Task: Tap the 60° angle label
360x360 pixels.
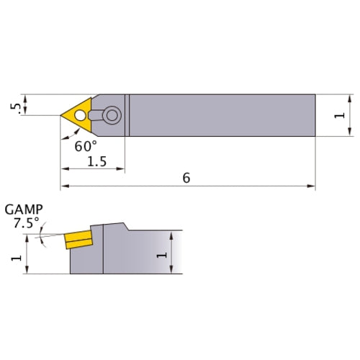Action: pos(85,145)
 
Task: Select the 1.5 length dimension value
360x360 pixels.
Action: pos(96,162)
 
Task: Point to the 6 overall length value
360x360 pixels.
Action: pos(186,178)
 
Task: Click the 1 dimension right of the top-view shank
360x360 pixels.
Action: pos(341,114)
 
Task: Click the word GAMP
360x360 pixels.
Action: pos(24,210)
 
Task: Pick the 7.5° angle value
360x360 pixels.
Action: pos(27,222)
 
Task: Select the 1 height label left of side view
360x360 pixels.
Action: pos(15,255)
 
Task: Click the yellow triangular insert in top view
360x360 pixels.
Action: pos(78,114)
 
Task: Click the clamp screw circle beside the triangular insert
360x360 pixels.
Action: pos(111,114)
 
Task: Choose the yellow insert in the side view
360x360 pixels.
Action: pos(76,238)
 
